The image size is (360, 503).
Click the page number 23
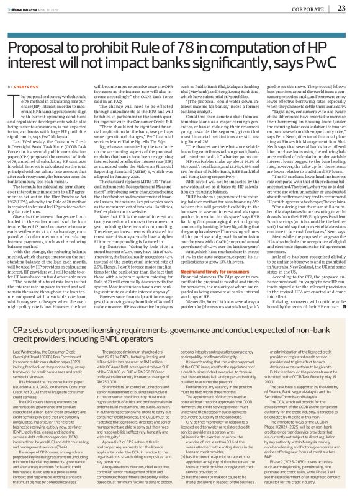tap(341, 8)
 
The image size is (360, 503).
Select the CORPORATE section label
tap(308, 9)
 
